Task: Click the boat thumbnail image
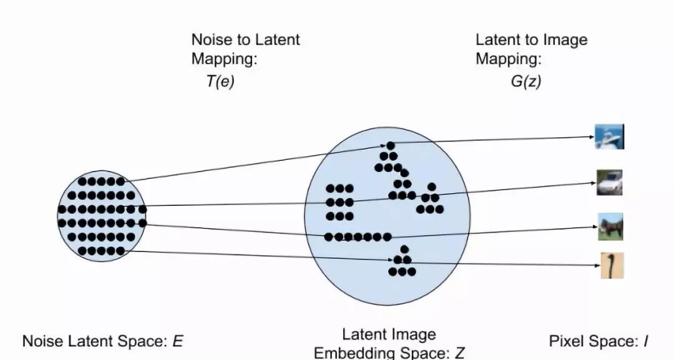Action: click(x=608, y=137)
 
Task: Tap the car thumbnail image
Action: click(x=609, y=183)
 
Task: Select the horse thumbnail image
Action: click(x=610, y=226)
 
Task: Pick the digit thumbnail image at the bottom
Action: click(x=612, y=265)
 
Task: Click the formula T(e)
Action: click(x=220, y=81)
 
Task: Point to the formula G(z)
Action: click(x=525, y=81)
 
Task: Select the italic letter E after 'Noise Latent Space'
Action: click(x=178, y=341)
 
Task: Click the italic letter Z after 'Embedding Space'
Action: click(x=459, y=353)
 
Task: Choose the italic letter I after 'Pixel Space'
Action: click(x=645, y=341)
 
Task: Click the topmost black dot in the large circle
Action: click(x=391, y=146)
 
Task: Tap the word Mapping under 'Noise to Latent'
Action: click(x=223, y=60)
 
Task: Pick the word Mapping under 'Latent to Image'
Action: click(x=508, y=60)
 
